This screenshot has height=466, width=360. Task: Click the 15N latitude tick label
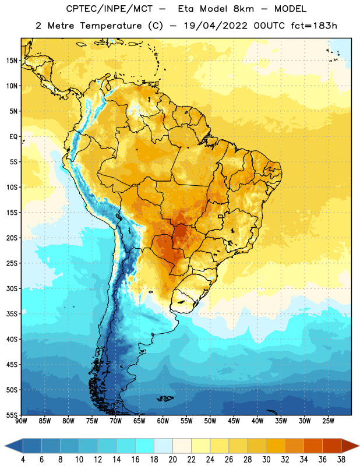[x=12, y=61]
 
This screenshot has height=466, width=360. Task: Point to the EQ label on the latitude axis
[x=13, y=137]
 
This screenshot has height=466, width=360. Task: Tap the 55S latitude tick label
[x=12, y=415]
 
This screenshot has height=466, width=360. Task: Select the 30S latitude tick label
[x=12, y=288]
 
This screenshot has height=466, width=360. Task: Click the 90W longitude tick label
[x=21, y=421]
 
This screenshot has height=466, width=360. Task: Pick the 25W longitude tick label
[x=328, y=421]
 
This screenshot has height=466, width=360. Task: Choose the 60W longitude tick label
[x=163, y=421]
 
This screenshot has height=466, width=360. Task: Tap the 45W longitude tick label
[x=234, y=421]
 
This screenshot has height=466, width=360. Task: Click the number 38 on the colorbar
[x=341, y=460]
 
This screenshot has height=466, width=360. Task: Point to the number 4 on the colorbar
[x=23, y=460]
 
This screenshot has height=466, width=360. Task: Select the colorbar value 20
[x=172, y=460]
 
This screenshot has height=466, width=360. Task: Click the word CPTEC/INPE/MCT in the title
[x=109, y=9]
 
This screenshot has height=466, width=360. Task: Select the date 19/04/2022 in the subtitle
[x=216, y=26]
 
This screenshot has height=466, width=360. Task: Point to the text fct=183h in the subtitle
[x=314, y=26]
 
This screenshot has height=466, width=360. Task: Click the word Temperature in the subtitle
[x=111, y=26]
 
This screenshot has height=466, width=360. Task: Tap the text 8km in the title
[x=243, y=9]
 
